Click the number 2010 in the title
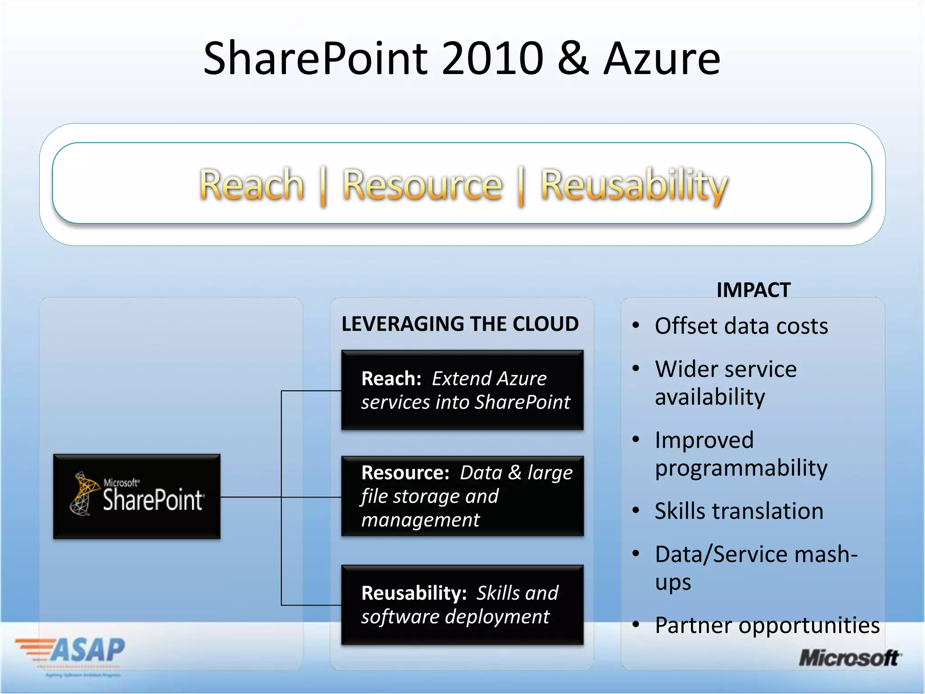tap(492, 59)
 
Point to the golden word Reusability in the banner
tap(634, 185)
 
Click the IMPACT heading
tap(753, 290)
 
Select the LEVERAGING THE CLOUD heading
tap(460, 324)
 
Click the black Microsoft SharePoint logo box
tap(137, 496)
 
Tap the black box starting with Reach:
tap(462, 390)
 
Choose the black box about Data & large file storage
tap(462, 496)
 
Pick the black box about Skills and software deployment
tap(462, 605)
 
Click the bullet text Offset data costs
tap(741, 326)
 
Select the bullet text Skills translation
tap(739, 511)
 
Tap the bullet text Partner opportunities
tap(767, 625)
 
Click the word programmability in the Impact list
tap(741, 468)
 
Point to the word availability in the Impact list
tap(710, 397)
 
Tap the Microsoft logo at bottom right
tap(849, 658)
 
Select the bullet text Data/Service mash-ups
tap(755, 567)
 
